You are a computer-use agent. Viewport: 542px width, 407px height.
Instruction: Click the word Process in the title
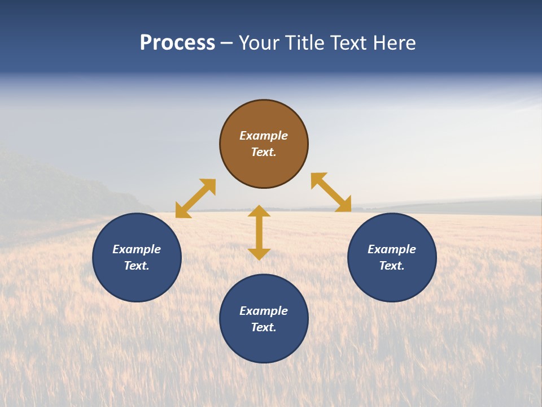[177, 43]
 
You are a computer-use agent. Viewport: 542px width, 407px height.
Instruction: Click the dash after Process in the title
[227, 44]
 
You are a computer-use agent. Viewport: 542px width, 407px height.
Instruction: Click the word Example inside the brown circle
[264, 136]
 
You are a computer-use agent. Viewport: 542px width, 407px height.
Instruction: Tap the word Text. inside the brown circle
[264, 152]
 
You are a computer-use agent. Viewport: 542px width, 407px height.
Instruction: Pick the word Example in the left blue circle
[137, 249]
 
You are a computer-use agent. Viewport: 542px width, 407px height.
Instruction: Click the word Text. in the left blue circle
[137, 266]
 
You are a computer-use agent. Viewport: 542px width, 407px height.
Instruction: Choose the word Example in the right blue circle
[392, 249]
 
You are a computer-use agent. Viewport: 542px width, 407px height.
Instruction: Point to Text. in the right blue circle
[392, 266]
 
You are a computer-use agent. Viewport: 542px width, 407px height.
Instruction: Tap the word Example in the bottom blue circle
[264, 311]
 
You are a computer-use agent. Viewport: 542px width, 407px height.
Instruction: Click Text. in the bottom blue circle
[264, 327]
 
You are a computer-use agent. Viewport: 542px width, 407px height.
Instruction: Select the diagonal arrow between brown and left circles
[195, 198]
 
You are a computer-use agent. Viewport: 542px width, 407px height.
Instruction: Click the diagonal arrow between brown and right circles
[331, 193]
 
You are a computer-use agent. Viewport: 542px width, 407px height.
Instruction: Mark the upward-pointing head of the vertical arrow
[259, 211]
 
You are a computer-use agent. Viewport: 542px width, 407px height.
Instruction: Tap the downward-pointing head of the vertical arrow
[259, 254]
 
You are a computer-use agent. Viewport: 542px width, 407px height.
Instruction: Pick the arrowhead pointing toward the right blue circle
[344, 205]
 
